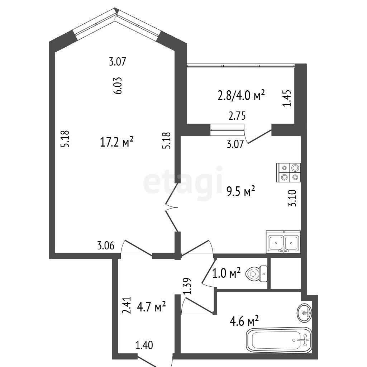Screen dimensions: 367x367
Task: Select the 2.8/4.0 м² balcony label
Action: (241, 95)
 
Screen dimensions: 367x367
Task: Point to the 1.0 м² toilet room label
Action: (227, 273)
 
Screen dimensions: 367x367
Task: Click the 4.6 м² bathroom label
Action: (244, 321)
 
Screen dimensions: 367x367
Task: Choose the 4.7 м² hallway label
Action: (151, 306)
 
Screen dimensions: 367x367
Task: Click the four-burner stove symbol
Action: (289, 172)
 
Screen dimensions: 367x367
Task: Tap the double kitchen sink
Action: (283, 242)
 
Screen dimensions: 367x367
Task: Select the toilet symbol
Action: (257, 273)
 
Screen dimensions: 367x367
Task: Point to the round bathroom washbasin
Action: (304, 313)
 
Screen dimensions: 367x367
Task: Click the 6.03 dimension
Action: (118, 85)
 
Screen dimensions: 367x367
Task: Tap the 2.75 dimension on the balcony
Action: (237, 116)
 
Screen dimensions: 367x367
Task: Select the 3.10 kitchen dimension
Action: (292, 198)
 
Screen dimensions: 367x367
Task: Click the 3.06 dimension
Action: (106, 246)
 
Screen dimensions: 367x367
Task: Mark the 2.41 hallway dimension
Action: (127, 305)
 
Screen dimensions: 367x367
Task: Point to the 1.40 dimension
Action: (144, 345)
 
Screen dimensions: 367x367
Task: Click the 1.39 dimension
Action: (187, 286)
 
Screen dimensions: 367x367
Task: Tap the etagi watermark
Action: (183, 182)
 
